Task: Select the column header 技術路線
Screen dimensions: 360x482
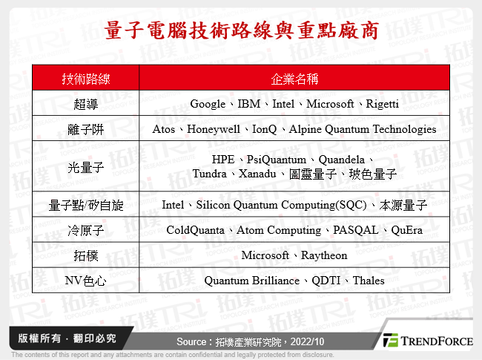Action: point(85,79)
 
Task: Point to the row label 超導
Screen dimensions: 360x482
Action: point(85,104)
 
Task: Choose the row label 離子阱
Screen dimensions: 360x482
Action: point(85,129)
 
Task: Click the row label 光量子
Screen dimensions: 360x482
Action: point(85,167)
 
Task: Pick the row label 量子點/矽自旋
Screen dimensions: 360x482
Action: point(85,205)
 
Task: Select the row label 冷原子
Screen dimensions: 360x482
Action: point(85,230)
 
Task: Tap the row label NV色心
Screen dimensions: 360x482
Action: point(85,281)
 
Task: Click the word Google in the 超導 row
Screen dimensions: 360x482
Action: point(208,104)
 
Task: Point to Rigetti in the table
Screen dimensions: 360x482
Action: point(383,104)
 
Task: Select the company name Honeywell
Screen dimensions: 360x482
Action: point(216,129)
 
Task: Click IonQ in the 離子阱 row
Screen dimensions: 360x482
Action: point(265,129)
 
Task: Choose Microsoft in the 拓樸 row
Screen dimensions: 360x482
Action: point(265,255)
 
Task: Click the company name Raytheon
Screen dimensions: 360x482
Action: point(323,255)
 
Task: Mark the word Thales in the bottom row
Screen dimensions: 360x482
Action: point(369,281)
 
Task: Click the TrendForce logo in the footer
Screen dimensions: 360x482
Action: point(427,341)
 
